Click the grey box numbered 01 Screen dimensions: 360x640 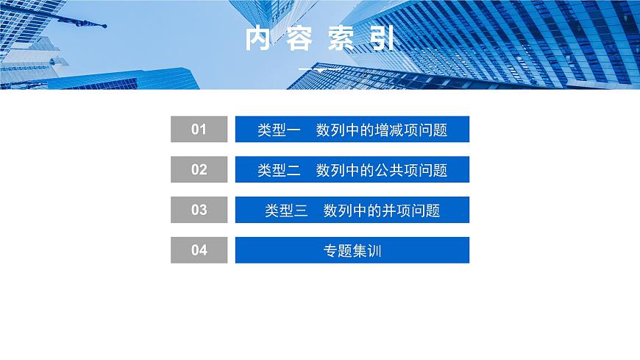(199, 130)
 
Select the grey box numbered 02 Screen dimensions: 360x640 (199, 169)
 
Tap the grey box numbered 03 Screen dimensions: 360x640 (199, 210)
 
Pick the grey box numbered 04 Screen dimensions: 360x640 (199, 250)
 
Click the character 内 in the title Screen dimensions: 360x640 (259, 38)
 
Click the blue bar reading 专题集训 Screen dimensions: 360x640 (352, 250)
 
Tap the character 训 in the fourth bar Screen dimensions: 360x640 (374, 250)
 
